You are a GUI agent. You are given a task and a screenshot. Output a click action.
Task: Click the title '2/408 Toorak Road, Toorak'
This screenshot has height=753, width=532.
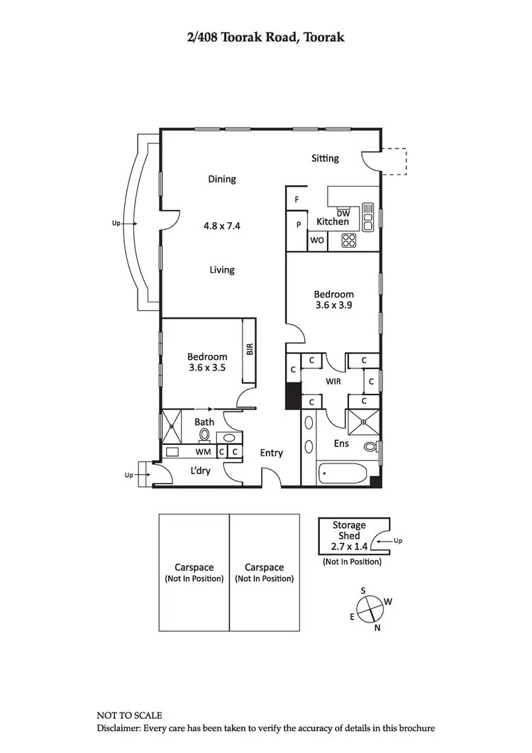[266, 37]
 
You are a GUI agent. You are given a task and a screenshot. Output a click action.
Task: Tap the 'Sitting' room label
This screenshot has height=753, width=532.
[325, 158]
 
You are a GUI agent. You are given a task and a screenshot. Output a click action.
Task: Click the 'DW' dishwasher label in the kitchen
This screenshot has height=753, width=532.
[343, 214]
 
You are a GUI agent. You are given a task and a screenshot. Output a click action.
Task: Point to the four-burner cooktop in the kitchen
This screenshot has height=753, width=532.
[348, 241]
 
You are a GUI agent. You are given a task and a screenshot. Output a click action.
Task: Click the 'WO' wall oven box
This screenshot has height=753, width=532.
[317, 241]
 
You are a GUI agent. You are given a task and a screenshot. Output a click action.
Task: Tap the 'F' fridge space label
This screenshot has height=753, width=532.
[297, 199]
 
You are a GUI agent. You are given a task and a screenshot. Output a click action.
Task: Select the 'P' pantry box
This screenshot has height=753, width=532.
[298, 224]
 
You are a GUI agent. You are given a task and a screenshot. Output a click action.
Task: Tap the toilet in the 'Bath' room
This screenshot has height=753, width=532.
[206, 435]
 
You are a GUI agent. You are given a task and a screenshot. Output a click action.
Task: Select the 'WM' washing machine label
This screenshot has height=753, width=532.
[203, 451]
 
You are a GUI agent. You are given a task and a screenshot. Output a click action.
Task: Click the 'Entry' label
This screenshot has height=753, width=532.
[271, 453]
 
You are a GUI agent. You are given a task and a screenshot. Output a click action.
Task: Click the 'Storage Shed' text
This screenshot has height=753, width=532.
[349, 530]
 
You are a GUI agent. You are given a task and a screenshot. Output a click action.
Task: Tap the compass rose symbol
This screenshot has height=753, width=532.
[370, 608]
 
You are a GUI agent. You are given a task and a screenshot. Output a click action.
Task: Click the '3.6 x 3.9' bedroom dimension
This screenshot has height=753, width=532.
[334, 305]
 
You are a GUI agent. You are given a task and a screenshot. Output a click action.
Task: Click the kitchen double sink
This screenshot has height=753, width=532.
[367, 216]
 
